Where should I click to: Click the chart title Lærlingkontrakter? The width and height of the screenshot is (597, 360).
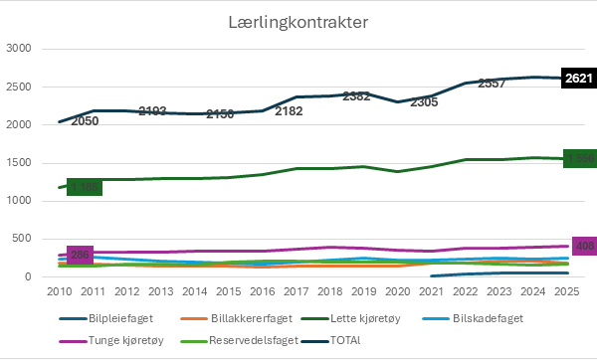pyautogui.click(x=298, y=21)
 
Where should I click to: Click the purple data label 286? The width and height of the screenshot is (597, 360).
pyautogui.click(x=80, y=256)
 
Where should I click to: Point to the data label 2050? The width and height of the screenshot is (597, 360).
pyautogui.click(x=87, y=119)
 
